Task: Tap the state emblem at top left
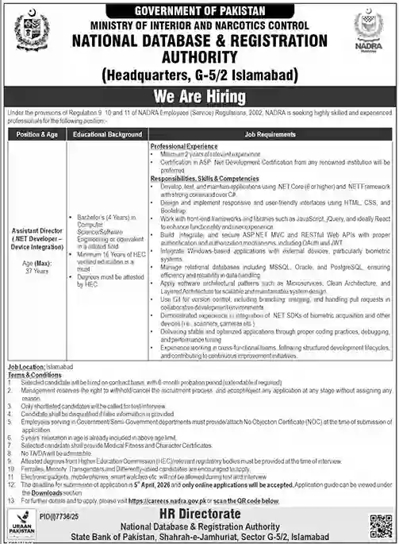point(31,31)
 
